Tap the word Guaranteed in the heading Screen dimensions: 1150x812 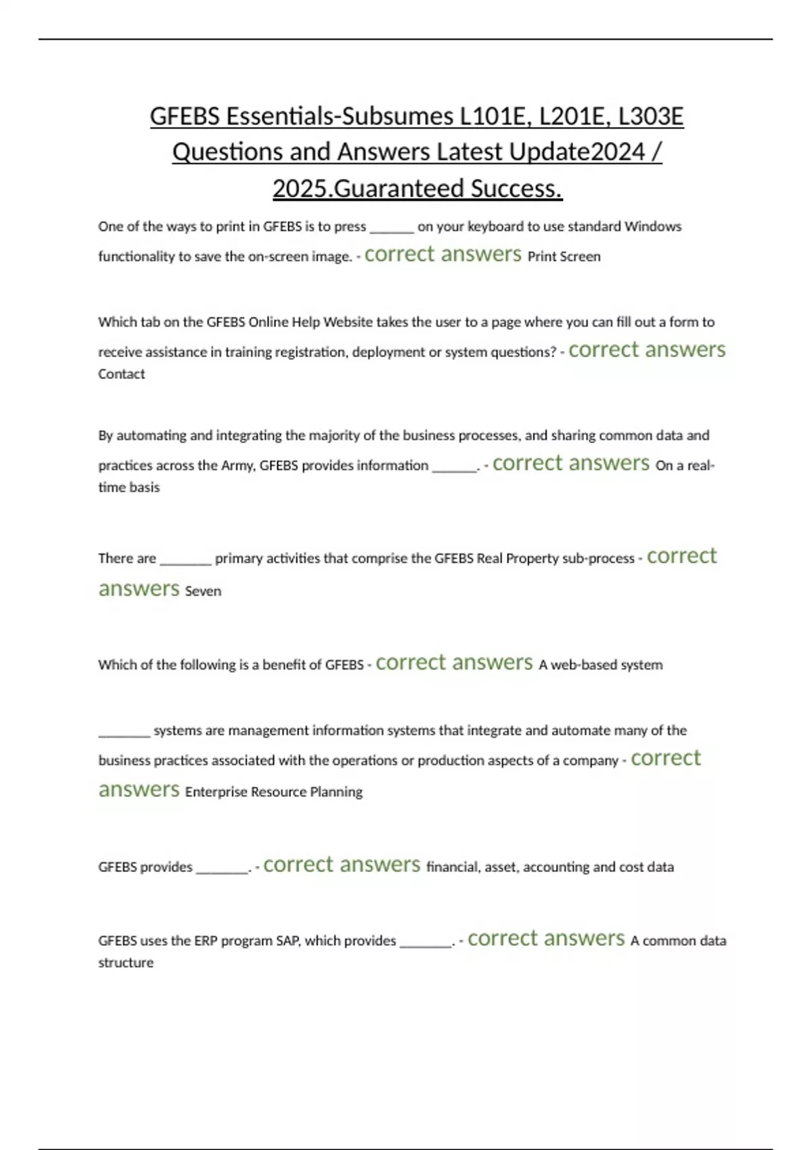399,188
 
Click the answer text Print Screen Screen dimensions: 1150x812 564,256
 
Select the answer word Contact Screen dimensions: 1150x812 121,374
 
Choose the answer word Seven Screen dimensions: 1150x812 203,591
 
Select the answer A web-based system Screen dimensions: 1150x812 600,665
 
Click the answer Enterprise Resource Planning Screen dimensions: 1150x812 273,792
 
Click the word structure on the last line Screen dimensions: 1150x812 126,963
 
